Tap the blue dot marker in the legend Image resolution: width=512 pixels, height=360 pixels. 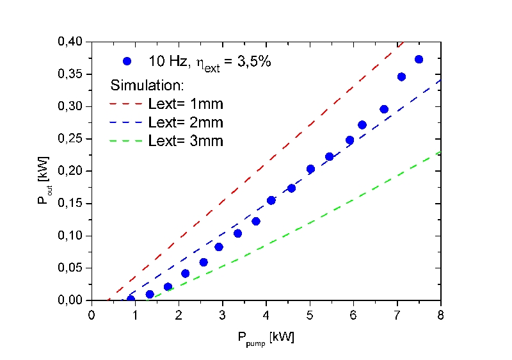pyautogui.click(x=127, y=61)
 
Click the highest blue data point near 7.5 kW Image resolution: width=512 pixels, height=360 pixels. pyautogui.click(x=419, y=59)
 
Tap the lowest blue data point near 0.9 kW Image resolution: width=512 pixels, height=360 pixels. pyautogui.click(x=131, y=299)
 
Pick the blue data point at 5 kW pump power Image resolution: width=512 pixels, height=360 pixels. pyautogui.click(x=310, y=169)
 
